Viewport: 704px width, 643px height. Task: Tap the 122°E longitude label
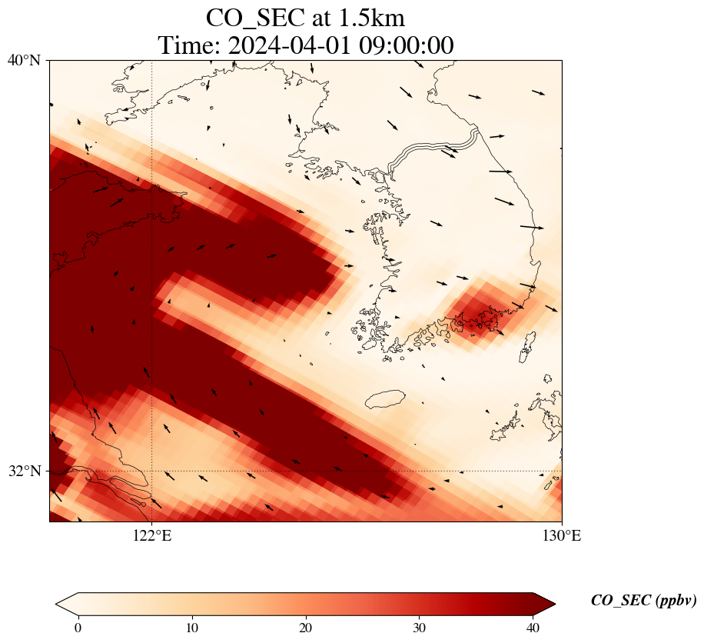152,536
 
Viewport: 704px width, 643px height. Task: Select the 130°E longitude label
562,536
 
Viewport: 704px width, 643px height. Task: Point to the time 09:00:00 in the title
409,45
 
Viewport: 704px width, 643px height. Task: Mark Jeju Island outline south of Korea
385,399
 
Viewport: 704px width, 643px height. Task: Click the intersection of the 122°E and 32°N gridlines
152,471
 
